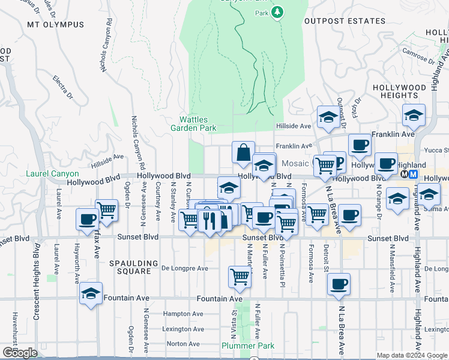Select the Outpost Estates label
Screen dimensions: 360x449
[345, 21]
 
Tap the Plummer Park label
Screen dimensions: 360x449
[248, 346]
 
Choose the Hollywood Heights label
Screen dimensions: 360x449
[399, 91]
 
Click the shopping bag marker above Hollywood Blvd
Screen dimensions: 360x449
[244, 153]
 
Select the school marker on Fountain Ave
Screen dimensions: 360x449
[91, 293]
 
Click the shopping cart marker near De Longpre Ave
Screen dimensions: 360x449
[240, 277]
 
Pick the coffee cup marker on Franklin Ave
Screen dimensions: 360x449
[360, 145]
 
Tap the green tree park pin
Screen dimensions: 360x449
[277, 12]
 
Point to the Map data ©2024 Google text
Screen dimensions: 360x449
[411, 355]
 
